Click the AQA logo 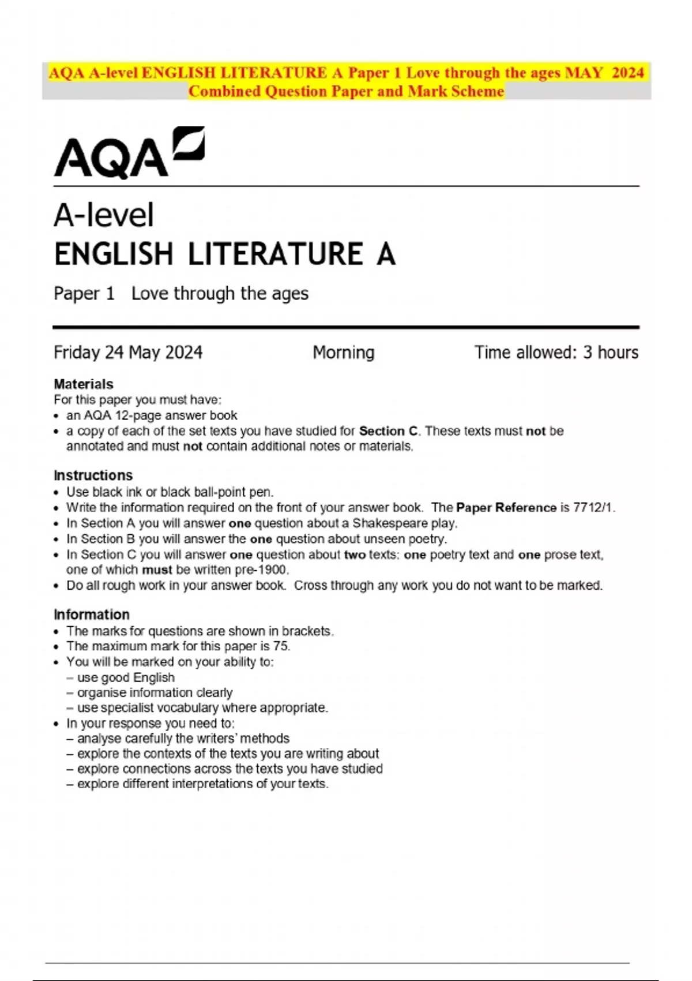(x=129, y=152)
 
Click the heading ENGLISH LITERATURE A (x=224, y=254)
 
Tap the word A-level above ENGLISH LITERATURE (x=104, y=216)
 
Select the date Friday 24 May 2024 (x=128, y=353)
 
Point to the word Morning (x=343, y=353)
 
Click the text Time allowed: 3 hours (x=556, y=353)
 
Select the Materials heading (x=83, y=384)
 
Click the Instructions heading (x=93, y=475)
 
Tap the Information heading (x=91, y=615)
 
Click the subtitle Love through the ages (x=220, y=294)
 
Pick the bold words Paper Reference (x=506, y=508)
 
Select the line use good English (x=126, y=677)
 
